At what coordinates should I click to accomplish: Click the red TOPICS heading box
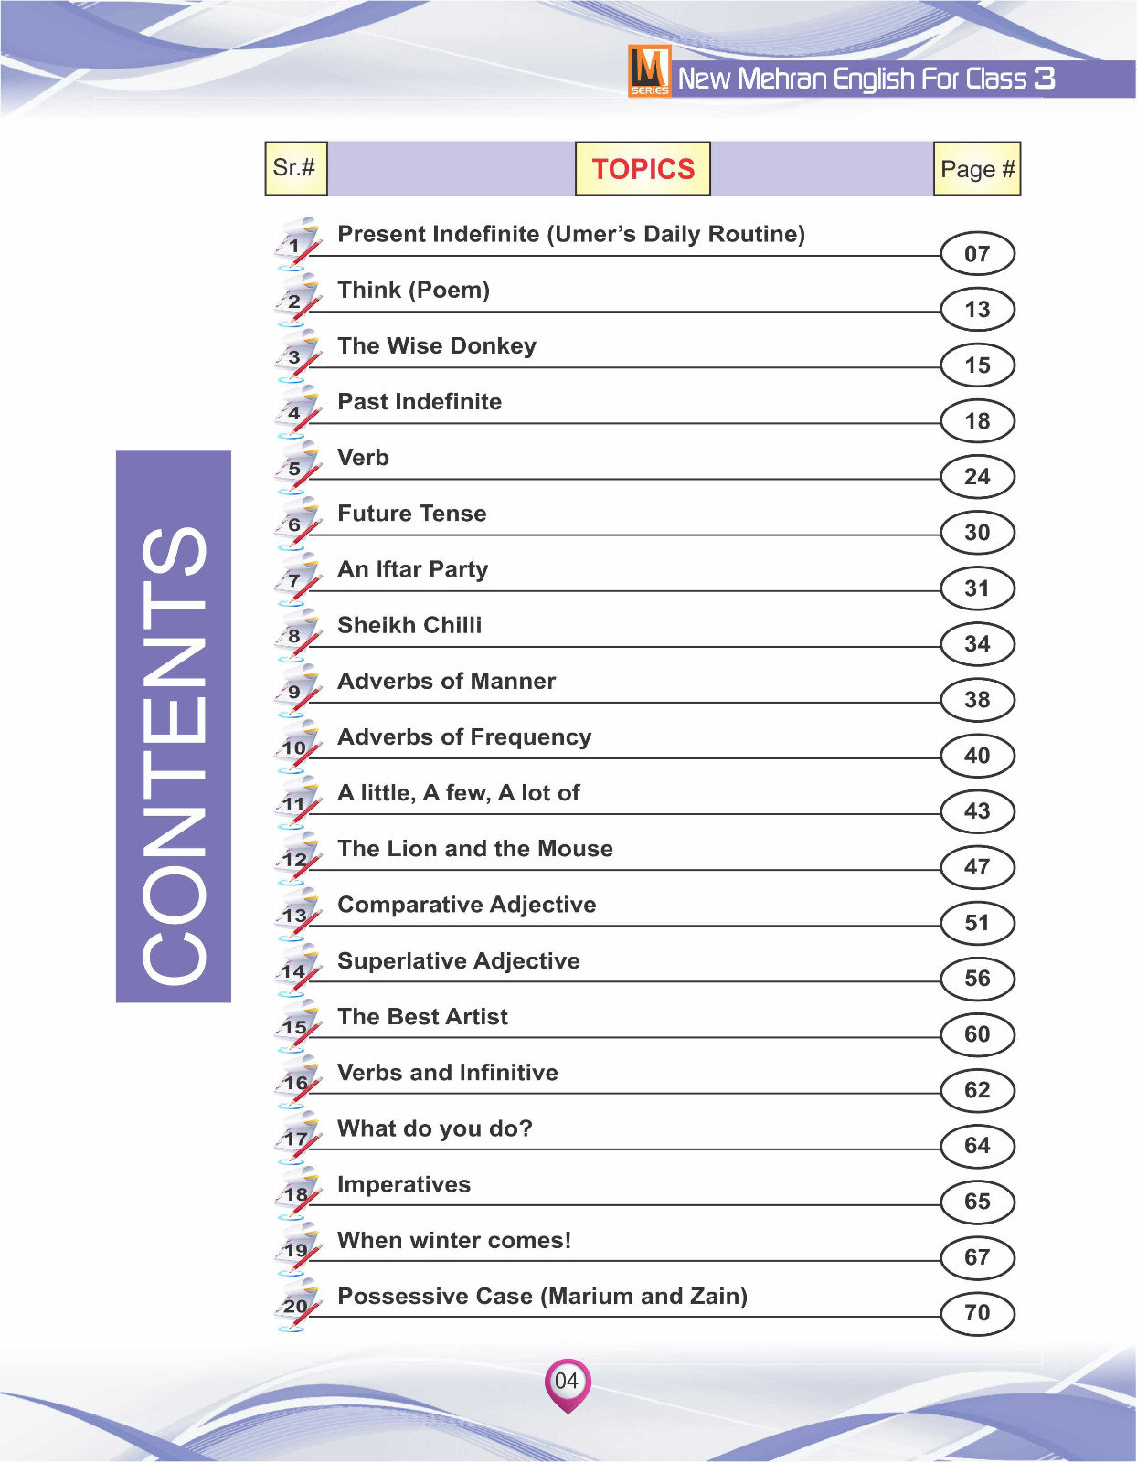click(x=643, y=169)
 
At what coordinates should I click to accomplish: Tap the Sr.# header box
click(x=295, y=168)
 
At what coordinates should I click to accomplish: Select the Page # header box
click(x=976, y=169)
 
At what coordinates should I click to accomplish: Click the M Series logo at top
click(x=649, y=70)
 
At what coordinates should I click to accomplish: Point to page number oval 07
click(x=977, y=254)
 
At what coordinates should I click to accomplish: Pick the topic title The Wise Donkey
click(x=437, y=346)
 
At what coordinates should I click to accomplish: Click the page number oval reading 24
click(x=977, y=477)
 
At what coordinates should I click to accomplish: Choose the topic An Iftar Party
click(x=413, y=569)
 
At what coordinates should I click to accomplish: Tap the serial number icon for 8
click(x=296, y=636)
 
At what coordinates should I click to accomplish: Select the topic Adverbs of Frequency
click(x=464, y=737)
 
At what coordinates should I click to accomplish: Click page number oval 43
click(x=977, y=811)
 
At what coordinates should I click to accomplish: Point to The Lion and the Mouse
click(x=475, y=849)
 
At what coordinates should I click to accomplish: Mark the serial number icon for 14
click(x=296, y=970)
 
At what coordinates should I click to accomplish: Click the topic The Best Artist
click(x=422, y=1017)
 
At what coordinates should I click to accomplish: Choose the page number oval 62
click(x=977, y=1090)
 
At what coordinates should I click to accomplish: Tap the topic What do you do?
click(x=435, y=1128)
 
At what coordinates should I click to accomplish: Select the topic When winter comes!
click(x=454, y=1241)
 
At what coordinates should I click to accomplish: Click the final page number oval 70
click(x=977, y=1313)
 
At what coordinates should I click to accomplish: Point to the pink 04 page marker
click(x=568, y=1382)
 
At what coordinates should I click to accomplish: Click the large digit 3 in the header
click(x=1044, y=79)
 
